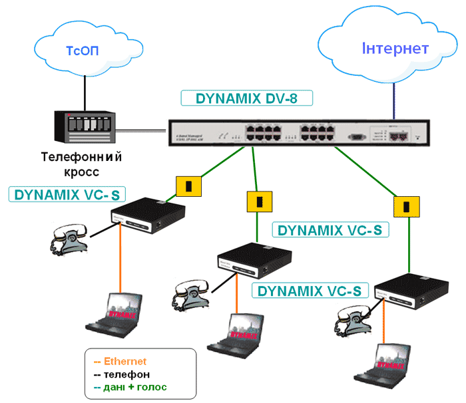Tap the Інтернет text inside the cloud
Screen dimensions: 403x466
tap(395, 49)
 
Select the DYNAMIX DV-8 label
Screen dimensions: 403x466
tap(246, 98)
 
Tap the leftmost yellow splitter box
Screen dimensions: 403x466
tap(189, 186)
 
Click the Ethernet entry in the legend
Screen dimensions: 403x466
tap(120, 362)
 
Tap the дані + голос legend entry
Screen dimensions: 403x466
tap(130, 386)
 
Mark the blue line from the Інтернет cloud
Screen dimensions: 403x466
tap(394, 100)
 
